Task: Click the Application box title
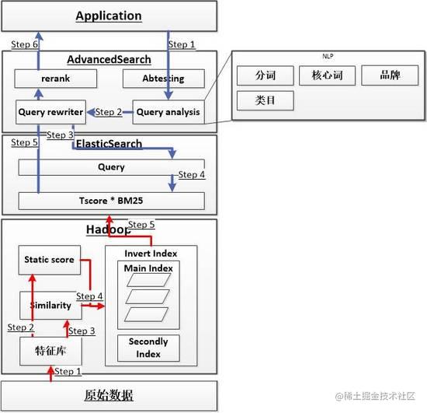pyautogui.click(x=109, y=16)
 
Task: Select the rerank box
pyautogui.click(x=56, y=79)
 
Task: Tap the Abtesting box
pyautogui.click(x=164, y=79)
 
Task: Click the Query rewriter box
pyautogui.click(x=51, y=112)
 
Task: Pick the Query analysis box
pyautogui.click(x=168, y=112)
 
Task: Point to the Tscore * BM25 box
pyautogui.click(x=111, y=201)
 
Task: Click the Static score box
pyautogui.click(x=50, y=260)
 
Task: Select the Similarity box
pyautogui.click(x=51, y=305)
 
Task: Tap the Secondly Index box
pyautogui.click(x=148, y=348)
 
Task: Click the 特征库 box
pyautogui.click(x=51, y=351)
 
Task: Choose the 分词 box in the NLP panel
pyautogui.click(x=266, y=75)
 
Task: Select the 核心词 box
pyautogui.click(x=328, y=75)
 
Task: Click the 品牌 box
pyautogui.click(x=390, y=75)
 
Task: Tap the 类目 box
pyautogui.click(x=266, y=100)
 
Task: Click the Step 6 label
pyautogui.click(x=24, y=44)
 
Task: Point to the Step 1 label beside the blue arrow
pyautogui.click(x=182, y=44)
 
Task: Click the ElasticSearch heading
pyautogui.click(x=109, y=143)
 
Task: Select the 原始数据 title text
pyautogui.click(x=109, y=395)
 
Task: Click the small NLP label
pyautogui.click(x=328, y=56)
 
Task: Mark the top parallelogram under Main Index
pyautogui.click(x=149, y=280)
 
